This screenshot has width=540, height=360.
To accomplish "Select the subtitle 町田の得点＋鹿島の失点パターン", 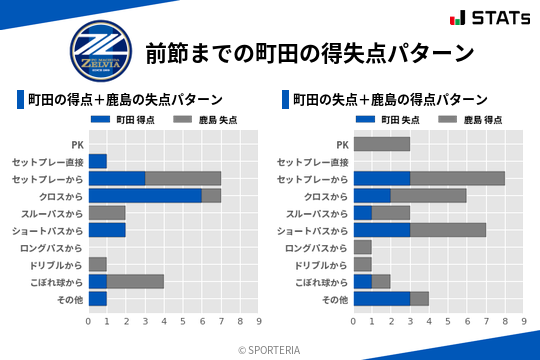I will coord(125,100).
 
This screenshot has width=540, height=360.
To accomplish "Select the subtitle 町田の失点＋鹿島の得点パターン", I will coord(390,100).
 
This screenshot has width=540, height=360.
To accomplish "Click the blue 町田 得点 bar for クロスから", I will coord(145,196).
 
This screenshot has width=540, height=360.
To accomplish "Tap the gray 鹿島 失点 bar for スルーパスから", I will coord(107,213).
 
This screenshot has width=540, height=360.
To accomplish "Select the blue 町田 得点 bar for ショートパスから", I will coord(107,230).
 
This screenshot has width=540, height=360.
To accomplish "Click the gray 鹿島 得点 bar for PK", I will coord(381,144).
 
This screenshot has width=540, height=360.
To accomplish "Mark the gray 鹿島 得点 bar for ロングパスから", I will coord(362,247).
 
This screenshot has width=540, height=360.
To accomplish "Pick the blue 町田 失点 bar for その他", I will coord(381,299).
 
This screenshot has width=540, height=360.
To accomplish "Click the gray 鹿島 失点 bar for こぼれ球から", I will coord(135,282).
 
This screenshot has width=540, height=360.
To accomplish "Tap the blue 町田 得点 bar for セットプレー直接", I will coord(97,161).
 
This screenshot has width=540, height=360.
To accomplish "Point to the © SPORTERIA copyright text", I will coord(270,349).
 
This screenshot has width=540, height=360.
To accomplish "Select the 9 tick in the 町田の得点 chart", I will coord(259,322).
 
